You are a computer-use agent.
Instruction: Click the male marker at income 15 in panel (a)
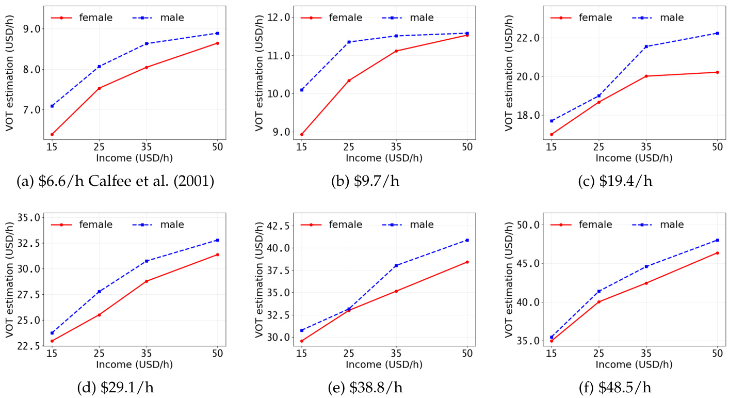52,106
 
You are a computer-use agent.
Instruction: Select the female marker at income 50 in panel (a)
217,43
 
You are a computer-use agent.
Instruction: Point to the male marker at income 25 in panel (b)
349,42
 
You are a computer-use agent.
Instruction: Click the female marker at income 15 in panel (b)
302,134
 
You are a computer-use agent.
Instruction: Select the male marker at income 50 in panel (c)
717,33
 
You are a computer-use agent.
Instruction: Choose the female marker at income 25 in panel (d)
99,314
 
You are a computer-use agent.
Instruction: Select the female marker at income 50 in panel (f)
717,253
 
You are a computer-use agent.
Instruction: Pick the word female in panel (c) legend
595,18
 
